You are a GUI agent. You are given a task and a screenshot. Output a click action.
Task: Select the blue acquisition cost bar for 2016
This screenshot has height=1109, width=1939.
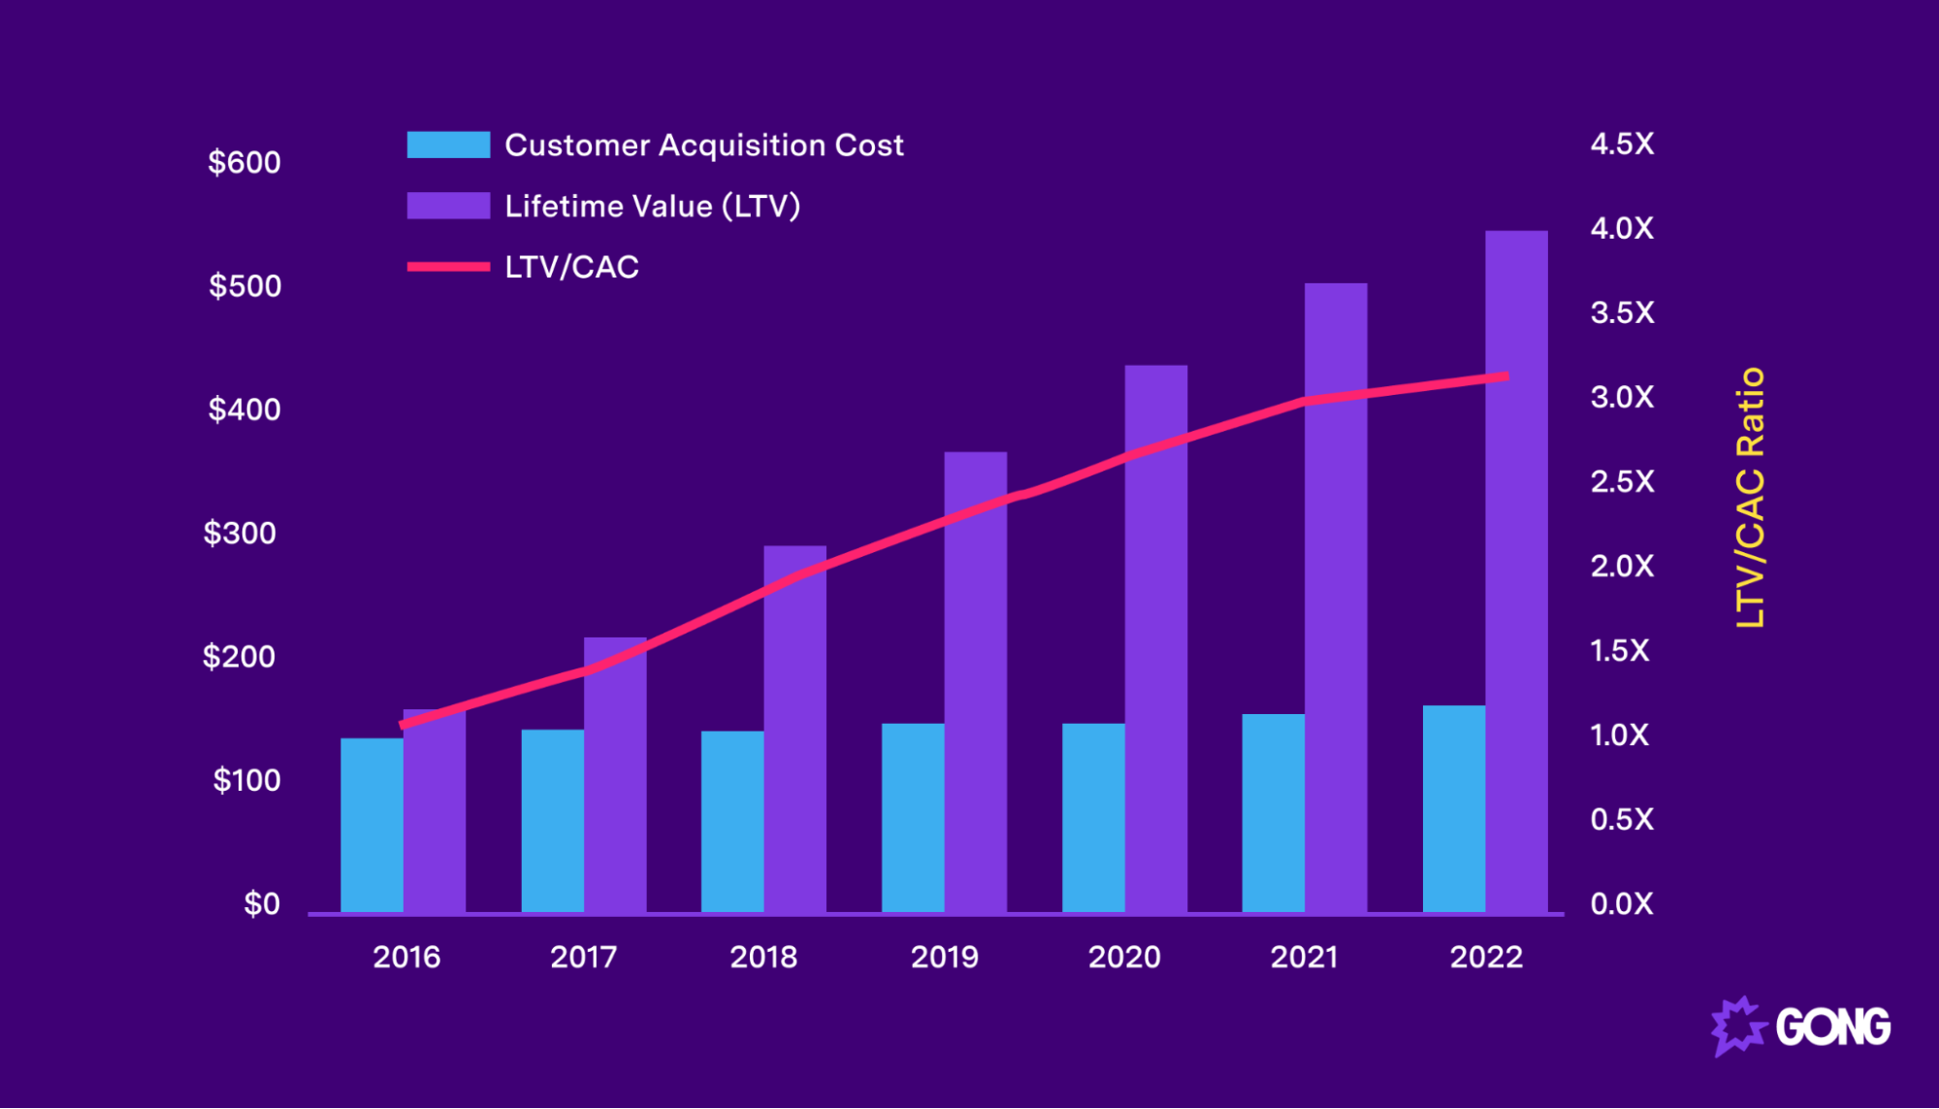[x=372, y=825]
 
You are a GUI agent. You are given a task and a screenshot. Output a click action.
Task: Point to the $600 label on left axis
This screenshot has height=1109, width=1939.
[x=244, y=162]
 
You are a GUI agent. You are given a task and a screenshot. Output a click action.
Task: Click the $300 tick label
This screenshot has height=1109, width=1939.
[x=240, y=533]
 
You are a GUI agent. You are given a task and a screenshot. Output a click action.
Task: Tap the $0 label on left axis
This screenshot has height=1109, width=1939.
[x=262, y=903]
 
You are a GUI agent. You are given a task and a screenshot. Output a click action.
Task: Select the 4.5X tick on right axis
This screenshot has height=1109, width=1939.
[x=1622, y=144]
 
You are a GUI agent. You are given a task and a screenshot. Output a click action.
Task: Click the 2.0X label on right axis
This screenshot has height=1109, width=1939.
[x=1622, y=566]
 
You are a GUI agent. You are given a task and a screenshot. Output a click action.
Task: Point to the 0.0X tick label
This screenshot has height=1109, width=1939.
[x=1622, y=903]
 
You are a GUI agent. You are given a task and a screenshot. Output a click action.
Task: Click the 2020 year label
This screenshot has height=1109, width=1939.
[x=1124, y=957]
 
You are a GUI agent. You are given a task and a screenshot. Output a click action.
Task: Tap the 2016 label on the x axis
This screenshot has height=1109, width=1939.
[x=406, y=957]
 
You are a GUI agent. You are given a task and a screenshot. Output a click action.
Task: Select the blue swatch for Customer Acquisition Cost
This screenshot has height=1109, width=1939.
[x=448, y=145]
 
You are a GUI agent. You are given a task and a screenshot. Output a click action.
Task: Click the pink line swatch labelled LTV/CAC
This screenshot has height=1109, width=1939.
[x=448, y=266]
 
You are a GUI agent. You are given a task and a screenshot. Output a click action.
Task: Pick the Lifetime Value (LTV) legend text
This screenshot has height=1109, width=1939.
[x=652, y=206]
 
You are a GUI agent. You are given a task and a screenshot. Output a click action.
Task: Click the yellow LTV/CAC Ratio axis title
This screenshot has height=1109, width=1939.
[x=1750, y=498]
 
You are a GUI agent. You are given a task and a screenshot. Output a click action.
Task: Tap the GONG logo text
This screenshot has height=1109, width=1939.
[x=1832, y=1027]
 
